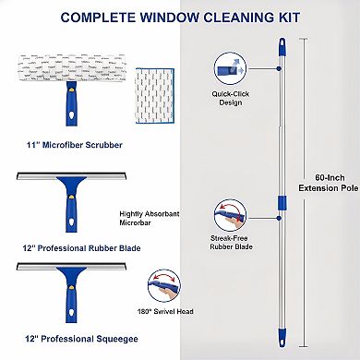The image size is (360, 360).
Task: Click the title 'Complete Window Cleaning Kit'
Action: (180, 17)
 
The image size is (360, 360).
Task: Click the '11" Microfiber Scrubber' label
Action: (66, 143)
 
